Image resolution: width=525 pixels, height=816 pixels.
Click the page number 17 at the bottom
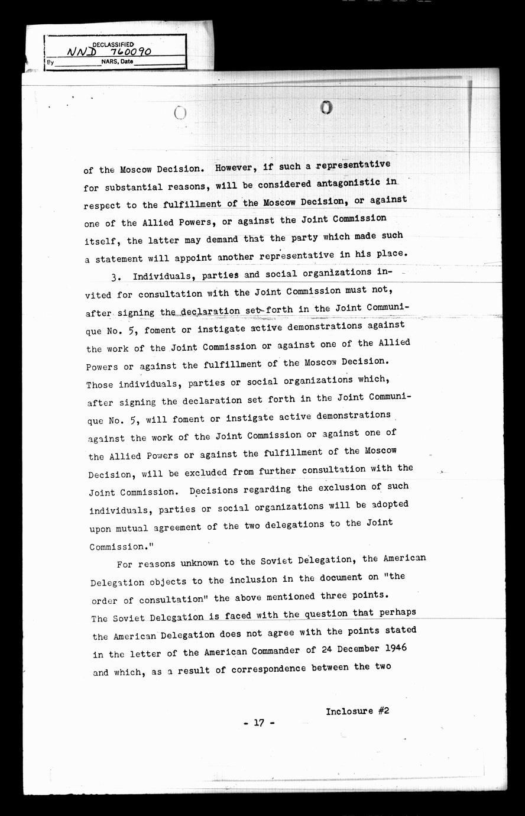pos(258,723)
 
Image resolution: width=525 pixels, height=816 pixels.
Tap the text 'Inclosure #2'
pos(357,711)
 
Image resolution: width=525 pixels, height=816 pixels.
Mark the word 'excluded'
pos(200,472)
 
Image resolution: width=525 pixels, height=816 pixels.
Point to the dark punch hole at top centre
pos(326,107)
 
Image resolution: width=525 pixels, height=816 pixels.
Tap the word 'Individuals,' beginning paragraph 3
pos(164,276)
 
